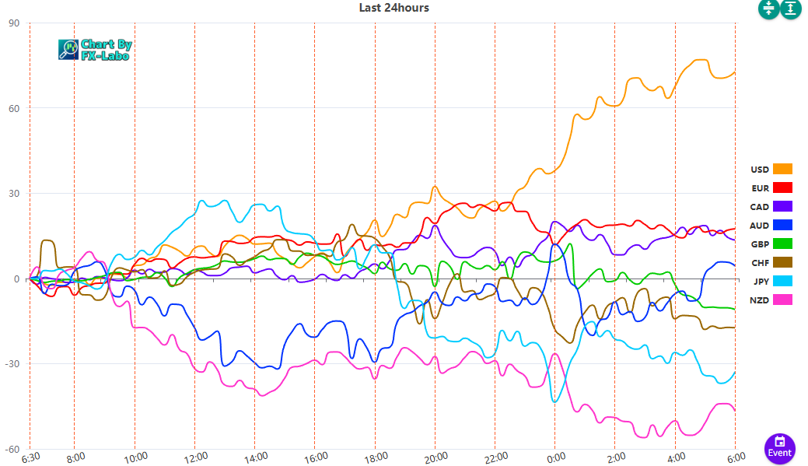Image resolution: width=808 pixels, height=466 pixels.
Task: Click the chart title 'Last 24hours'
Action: pos(394,8)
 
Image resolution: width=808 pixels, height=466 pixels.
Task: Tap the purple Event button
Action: pos(779,449)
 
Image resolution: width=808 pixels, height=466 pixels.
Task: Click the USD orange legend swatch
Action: pos(782,169)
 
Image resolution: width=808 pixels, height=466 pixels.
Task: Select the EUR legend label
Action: pos(760,188)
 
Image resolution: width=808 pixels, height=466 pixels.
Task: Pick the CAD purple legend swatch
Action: pos(782,207)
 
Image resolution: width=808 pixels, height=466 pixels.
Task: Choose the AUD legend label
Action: pos(760,226)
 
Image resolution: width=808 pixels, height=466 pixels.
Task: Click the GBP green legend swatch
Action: pos(782,244)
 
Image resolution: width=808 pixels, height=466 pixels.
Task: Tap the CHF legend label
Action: pos(760,263)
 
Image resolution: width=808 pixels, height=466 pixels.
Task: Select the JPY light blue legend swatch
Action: pos(782,282)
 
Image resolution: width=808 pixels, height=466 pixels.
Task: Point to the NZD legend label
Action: pos(760,300)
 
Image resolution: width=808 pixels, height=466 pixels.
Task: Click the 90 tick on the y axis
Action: pos(14,23)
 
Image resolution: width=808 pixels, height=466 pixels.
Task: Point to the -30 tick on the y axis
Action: pos(12,364)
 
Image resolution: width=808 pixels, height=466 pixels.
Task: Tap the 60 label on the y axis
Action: pos(14,108)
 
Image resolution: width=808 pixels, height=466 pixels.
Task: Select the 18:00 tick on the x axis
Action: pos(375,457)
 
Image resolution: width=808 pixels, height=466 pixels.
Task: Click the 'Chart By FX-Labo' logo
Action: pos(95,50)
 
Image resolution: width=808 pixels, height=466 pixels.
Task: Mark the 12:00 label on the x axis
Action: pos(194,457)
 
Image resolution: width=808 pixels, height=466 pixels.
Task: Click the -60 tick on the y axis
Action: pos(12,449)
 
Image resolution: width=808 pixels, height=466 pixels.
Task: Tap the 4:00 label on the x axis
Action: pos(676,457)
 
